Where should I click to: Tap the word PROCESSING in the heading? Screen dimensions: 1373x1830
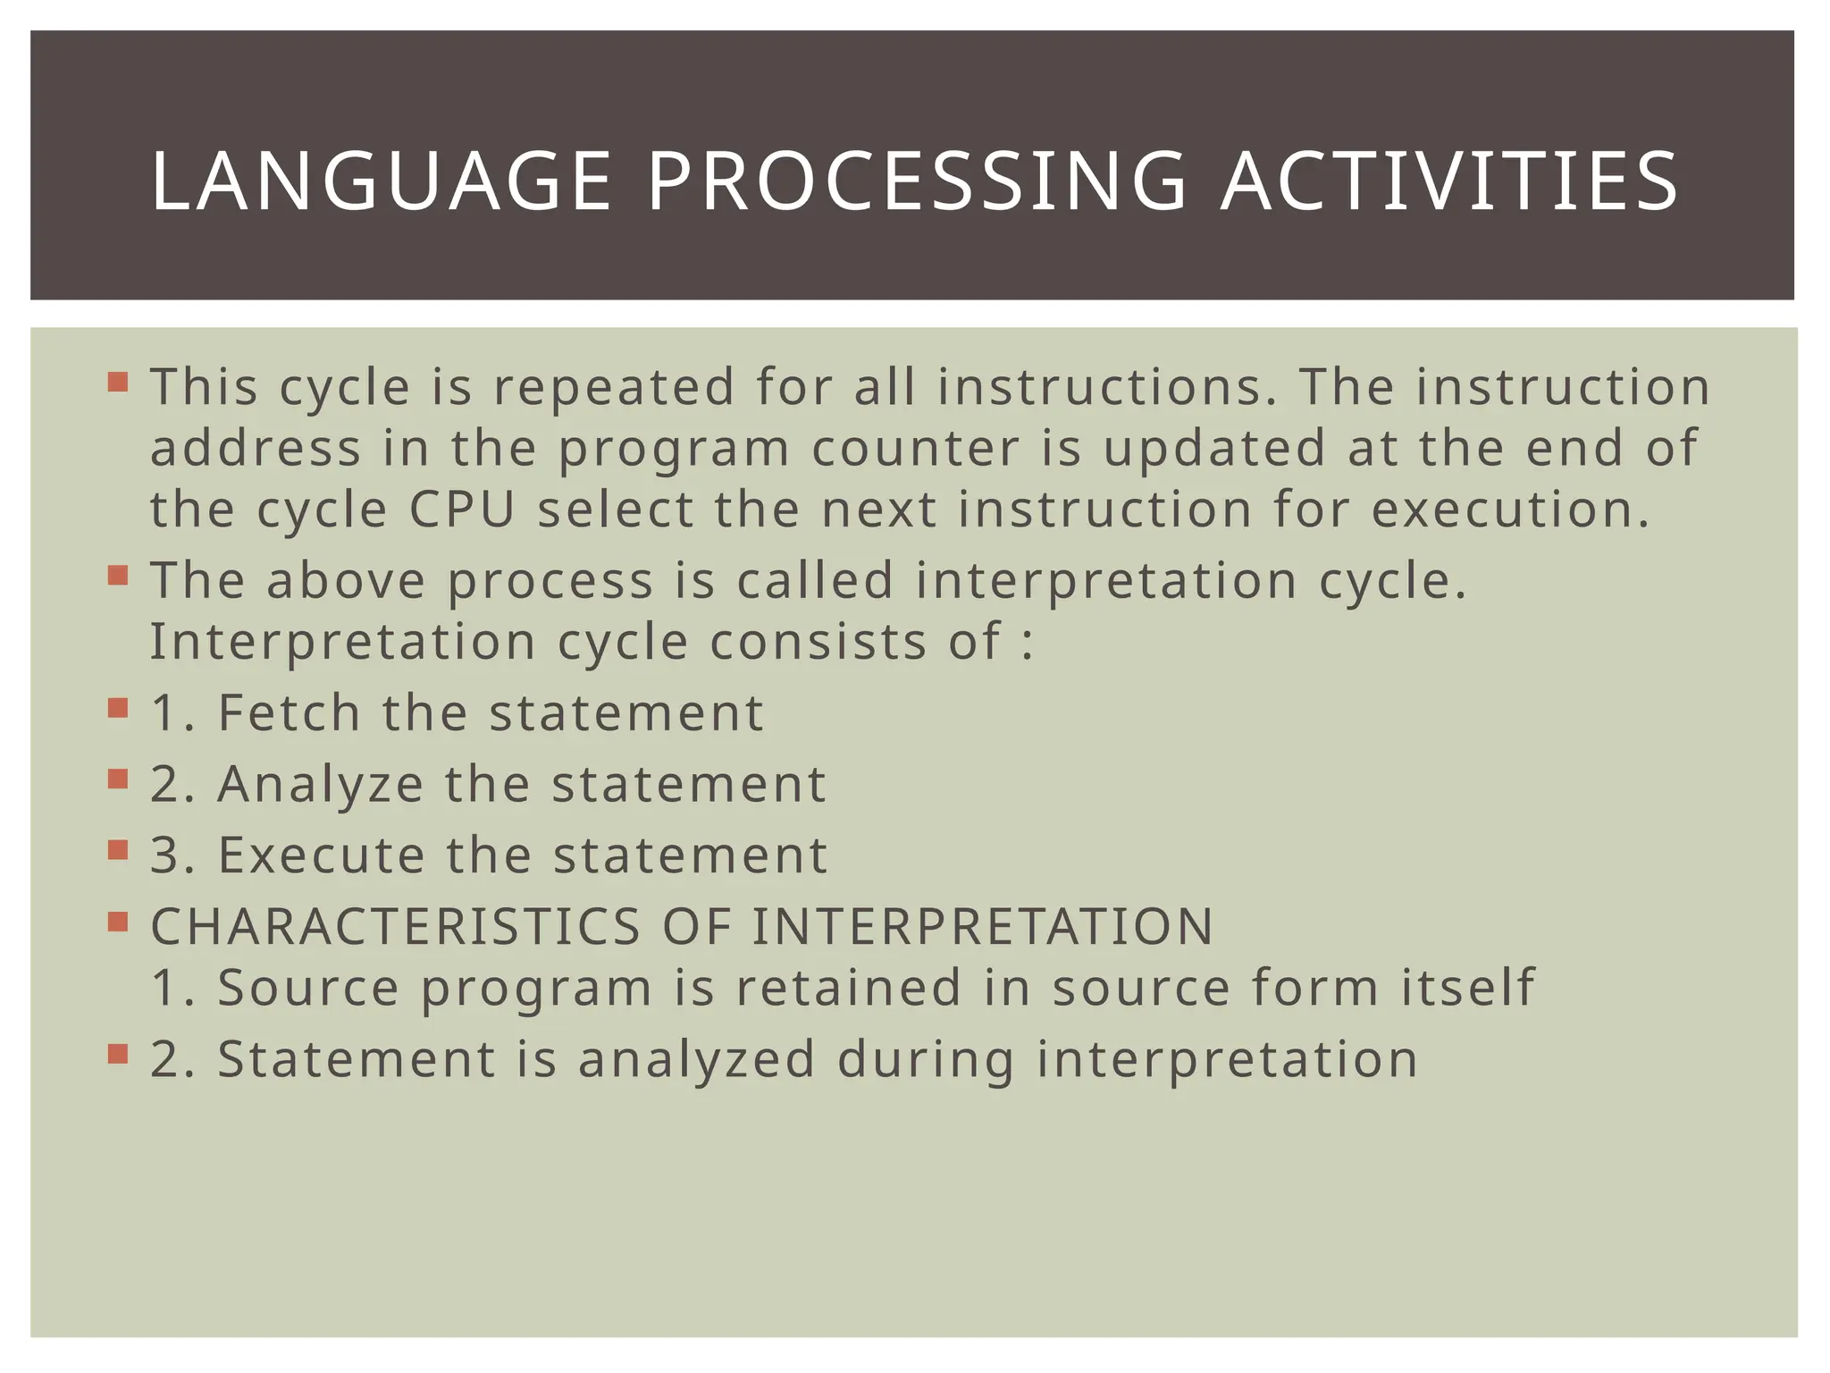click(x=916, y=182)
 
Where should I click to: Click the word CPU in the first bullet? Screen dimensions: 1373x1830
click(x=463, y=510)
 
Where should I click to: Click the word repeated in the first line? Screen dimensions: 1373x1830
click(x=614, y=387)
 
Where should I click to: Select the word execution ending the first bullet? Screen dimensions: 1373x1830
click(x=1510, y=510)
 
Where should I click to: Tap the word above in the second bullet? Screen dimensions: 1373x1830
click(x=346, y=580)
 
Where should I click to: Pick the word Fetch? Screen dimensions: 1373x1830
click(x=290, y=712)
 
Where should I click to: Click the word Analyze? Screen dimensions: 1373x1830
click(x=320, y=784)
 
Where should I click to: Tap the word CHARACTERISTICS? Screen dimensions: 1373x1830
click(x=396, y=926)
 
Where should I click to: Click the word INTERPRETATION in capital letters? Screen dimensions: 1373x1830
click(x=982, y=926)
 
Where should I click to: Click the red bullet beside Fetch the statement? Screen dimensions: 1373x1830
click(x=118, y=709)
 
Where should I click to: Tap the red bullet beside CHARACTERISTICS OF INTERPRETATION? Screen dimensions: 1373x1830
click(x=118, y=922)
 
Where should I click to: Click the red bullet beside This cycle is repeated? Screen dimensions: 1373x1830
click(x=118, y=383)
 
